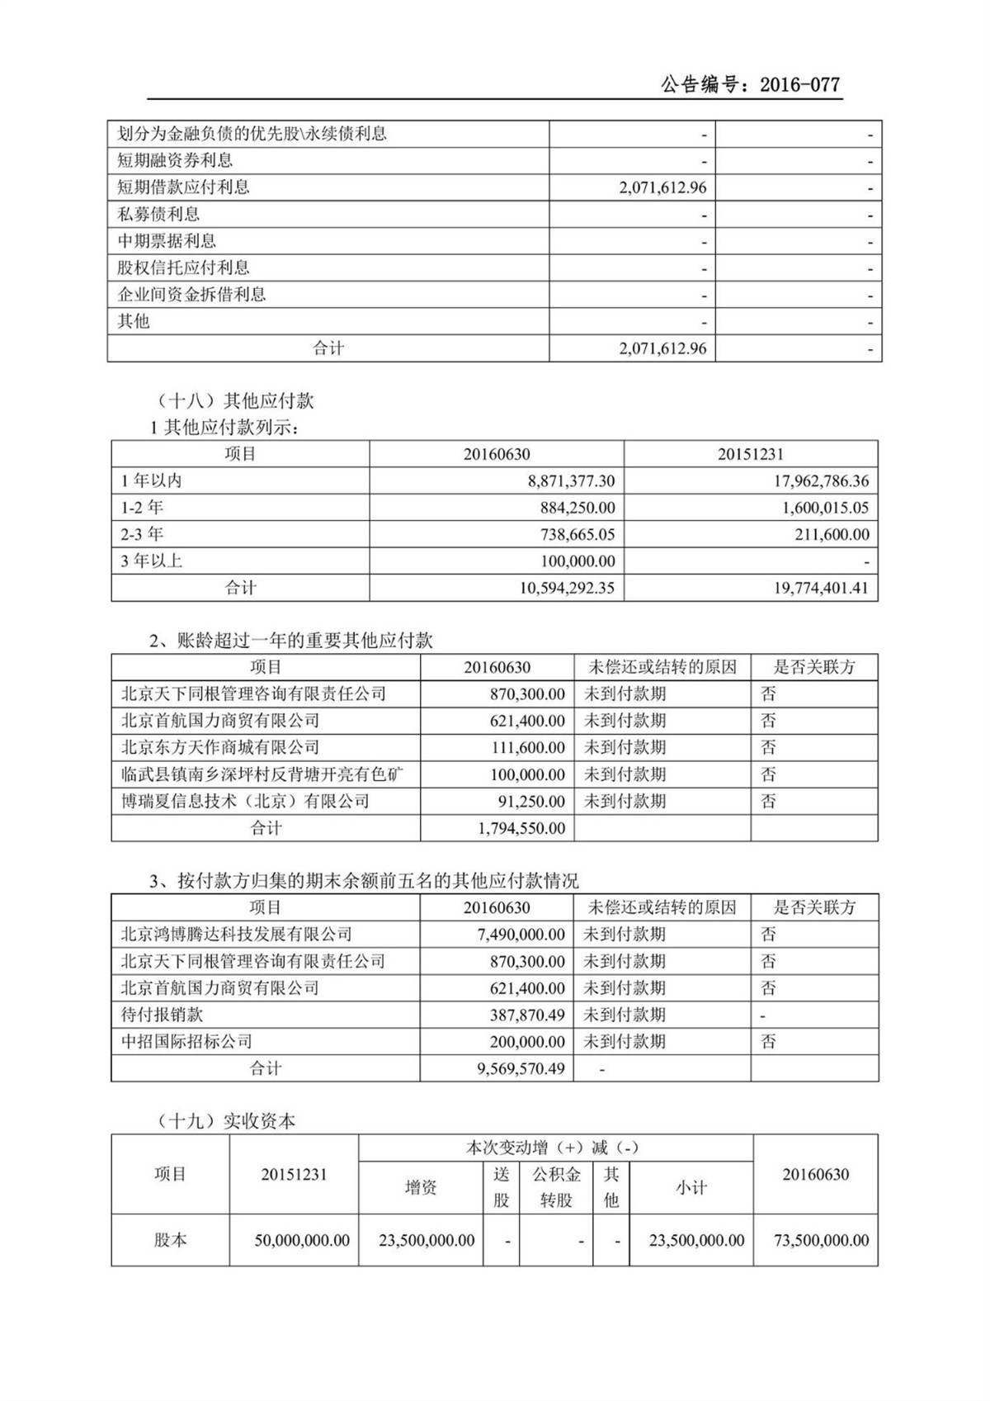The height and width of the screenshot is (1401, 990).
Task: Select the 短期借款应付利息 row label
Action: pyautogui.click(x=183, y=187)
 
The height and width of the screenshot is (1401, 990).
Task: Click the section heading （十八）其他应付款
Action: pyautogui.click(x=234, y=401)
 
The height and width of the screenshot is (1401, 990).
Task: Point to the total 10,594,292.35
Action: pyautogui.click(x=567, y=589)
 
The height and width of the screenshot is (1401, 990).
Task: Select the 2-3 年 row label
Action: pyautogui.click(x=142, y=535)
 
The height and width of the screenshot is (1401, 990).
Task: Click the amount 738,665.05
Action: pyautogui.click(x=577, y=535)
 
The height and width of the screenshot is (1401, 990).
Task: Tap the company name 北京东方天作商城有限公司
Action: pyautogui.click(x=220, y=748)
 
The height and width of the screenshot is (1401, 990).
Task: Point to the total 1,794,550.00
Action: pyautogui.click(x=521, y=828)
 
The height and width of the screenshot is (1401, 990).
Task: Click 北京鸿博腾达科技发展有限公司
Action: pyautogui.click(x=237, y=935)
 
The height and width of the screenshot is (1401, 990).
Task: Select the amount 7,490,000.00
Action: pyautogui.click(x=521, y=935)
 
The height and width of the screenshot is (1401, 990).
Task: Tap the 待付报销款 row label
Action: pyautogui.click(x=162, y=1015)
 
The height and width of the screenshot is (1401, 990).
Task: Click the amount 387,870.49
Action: pyautogui.click(x=527, y=1015)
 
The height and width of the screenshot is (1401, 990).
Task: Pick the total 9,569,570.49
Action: pyautogui.click(x=521, y=1069)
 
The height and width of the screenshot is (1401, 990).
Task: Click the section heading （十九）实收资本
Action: pyautogui.click(x=225, y=1121)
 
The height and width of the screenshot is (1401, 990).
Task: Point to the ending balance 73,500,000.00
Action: pyautogui.click(x=821, y=1241)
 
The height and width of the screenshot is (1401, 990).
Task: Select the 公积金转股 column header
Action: pyautogui.click(x=556, y=1187)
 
